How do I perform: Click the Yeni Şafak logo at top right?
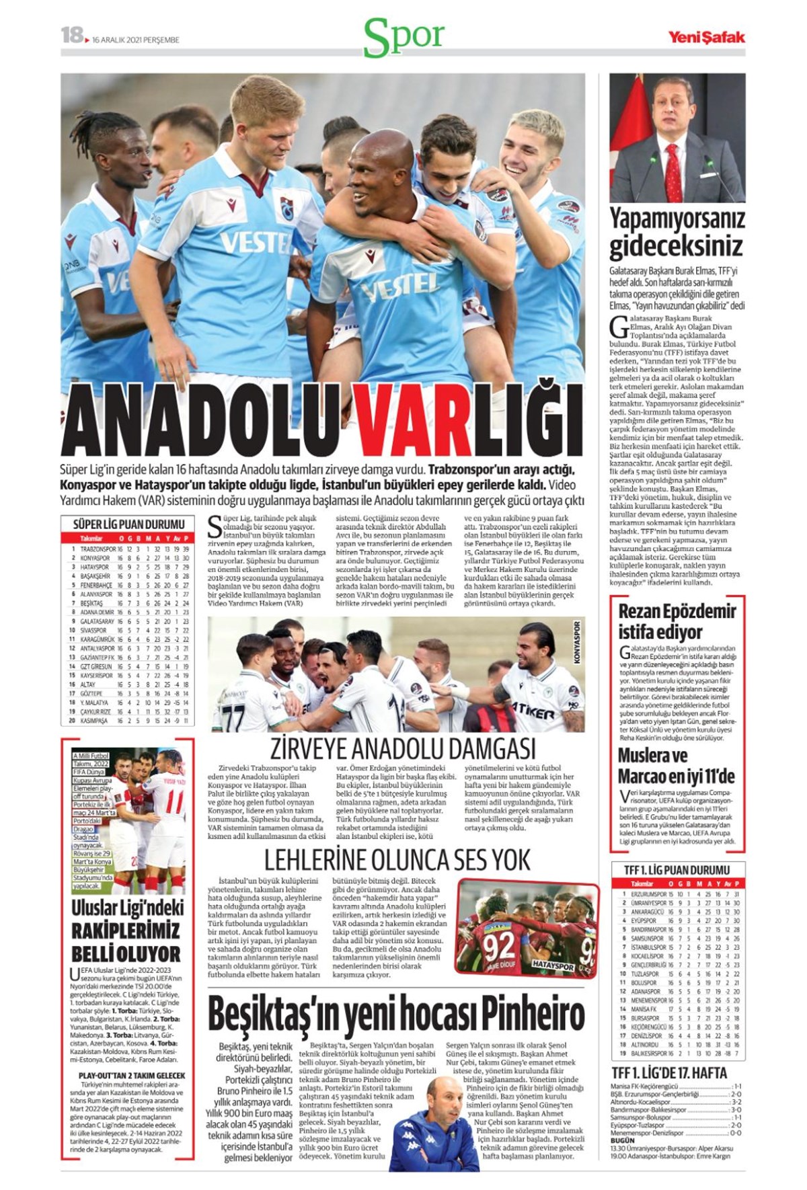(705, 37)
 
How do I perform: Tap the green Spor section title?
(403, 37)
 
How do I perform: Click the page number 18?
(71, 35)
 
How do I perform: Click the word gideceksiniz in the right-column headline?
(677, 246)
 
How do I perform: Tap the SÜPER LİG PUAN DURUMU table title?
(128, 524)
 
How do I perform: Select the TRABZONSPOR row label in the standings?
(98, 549)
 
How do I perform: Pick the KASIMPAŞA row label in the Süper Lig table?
(94, 721)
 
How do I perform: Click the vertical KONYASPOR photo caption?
(576, 642)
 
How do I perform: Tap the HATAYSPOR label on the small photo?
(552, 966)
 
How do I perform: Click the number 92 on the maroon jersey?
(499, 947)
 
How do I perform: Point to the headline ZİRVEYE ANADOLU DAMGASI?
(402, 748)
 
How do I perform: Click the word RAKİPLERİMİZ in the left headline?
(127, 930)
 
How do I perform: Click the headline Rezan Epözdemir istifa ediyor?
(677, 621)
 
